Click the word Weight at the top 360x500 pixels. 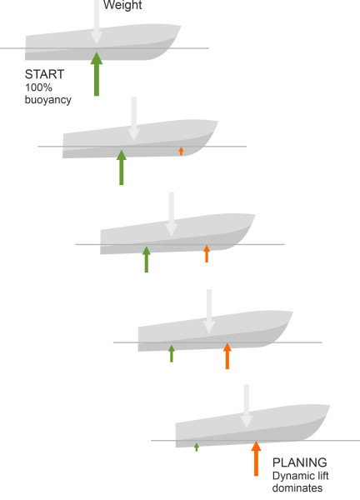point(122,6)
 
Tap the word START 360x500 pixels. point(45,74)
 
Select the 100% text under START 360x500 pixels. point(38,87)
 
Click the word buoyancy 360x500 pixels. point(48,100)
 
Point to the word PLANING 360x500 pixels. point(300,462)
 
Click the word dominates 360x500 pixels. point(297,487)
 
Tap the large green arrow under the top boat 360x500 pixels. point(97,74)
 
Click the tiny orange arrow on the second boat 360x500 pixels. point(181,151)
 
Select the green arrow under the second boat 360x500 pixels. point(121,167)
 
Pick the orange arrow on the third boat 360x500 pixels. point(207,254)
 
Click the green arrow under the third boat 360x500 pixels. point(147,259)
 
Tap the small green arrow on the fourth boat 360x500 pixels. point(172,353)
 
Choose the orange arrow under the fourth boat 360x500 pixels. point(227,356)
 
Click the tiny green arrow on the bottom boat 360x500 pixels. point(197,447)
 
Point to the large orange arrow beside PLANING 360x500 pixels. point(256,458)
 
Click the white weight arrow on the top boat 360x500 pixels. point(97,22)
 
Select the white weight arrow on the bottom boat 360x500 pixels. point(247,407)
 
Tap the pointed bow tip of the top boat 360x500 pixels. point(181,26)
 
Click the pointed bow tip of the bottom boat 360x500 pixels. point(329,406)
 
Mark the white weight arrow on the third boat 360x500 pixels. point(171,214)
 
